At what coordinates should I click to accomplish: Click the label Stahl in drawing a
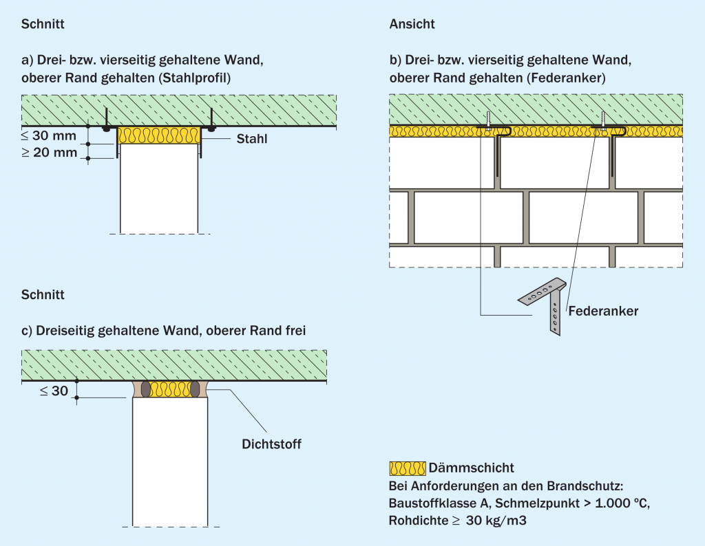click(252, 140)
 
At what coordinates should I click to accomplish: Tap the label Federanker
click(603, 311)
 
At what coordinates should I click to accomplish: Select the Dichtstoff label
click(271, 444)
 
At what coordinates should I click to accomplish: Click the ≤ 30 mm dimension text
click(50, 135)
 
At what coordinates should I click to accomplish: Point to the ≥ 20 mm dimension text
click(50, 153)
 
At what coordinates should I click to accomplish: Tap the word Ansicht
click(412, 24)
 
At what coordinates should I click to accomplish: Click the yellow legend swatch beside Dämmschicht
click(407, 468)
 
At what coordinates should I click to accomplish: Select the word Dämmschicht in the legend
click(471, 468)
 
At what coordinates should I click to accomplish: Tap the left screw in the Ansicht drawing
click(488, 120)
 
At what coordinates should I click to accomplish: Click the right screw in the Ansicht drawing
click(603, 120)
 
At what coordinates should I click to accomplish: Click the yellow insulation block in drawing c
click(169, 389)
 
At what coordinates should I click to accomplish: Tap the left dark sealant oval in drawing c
click(146, 389)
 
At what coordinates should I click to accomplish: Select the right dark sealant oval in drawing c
click(194, 389)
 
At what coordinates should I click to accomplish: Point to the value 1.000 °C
click(615, 503)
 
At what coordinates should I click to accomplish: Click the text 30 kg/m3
click(496, 521)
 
